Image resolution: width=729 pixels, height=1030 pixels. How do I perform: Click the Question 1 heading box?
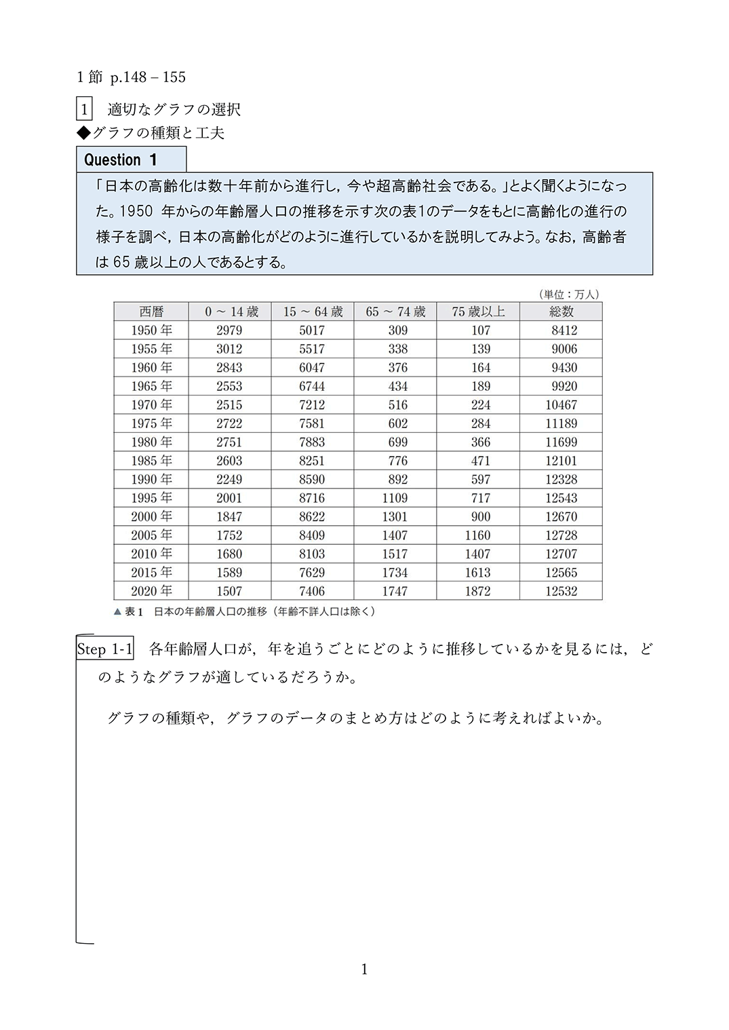131,160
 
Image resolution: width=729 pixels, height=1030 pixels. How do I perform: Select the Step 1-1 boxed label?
105,649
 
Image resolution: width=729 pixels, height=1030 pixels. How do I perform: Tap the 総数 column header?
561,311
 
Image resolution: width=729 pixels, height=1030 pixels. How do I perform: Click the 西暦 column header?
151,311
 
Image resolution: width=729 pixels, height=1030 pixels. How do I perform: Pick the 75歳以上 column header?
478,311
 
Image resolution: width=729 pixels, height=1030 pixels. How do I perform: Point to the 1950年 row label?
152,330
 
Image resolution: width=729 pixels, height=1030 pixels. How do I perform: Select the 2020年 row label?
152,591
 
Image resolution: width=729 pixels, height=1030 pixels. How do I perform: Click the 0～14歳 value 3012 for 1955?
229,349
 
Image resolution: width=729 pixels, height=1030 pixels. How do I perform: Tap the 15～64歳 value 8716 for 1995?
312,498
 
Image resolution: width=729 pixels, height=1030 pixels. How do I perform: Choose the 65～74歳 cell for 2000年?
395,516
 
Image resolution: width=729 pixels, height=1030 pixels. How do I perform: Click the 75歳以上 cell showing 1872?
478,591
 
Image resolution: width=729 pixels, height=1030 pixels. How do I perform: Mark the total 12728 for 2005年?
561,535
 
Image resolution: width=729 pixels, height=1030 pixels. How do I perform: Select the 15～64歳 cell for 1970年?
312,405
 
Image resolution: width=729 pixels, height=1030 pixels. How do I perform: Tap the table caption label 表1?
134,611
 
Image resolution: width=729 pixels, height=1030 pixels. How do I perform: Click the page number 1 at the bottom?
364,969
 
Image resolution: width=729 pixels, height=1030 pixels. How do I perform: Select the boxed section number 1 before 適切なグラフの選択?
84,110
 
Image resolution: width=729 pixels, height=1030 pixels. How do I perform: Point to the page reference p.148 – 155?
148,77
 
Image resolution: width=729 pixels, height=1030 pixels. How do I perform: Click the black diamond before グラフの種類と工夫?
83,133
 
